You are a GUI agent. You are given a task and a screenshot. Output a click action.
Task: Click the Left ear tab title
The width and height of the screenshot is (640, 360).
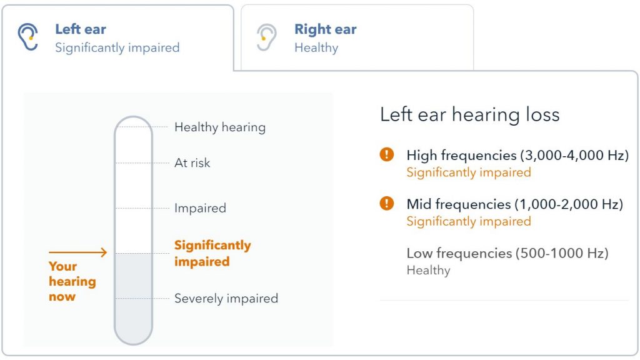point(81,29)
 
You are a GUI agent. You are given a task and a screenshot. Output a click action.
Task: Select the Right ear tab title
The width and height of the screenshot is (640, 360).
point(325,29)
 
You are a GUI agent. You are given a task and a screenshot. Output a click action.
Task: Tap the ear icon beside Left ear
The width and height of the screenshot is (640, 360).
point(28,37)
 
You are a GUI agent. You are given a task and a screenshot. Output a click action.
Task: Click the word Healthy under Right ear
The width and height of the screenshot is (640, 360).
point(316,48)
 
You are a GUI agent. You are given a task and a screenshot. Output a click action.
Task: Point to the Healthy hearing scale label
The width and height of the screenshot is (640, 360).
point(220,127)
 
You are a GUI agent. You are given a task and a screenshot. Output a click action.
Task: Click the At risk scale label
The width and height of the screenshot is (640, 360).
point(192,163)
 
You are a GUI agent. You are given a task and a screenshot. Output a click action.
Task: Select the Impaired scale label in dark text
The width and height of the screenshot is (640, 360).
point(200,208)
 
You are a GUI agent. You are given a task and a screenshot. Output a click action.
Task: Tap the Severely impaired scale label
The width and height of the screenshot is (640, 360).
point(226,299)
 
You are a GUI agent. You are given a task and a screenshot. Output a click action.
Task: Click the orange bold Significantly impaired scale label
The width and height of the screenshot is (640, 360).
point(212,253)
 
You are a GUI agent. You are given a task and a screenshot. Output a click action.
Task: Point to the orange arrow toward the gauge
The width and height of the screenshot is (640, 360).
point(78,252)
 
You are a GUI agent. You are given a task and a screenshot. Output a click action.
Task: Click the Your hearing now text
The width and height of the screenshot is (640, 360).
point(72,281)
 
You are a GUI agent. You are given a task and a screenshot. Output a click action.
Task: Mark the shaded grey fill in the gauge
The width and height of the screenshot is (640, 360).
point(133,294)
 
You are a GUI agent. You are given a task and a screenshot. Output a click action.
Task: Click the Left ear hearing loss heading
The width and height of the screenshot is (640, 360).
point(469,114)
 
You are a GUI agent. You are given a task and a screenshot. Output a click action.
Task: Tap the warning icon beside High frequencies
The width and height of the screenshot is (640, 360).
point(387,154)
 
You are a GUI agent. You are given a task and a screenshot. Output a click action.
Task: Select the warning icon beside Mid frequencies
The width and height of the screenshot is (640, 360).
point(387,203)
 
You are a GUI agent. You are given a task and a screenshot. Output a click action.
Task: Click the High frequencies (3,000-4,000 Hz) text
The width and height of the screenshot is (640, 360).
point(517,155)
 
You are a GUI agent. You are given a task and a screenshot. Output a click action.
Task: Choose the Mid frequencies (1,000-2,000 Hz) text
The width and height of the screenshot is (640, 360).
point(514,204)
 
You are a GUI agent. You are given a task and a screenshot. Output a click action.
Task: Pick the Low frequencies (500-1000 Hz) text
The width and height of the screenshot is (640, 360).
point(507,253)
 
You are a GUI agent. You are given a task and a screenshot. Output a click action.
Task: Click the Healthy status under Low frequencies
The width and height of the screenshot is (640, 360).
point(428,271)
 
